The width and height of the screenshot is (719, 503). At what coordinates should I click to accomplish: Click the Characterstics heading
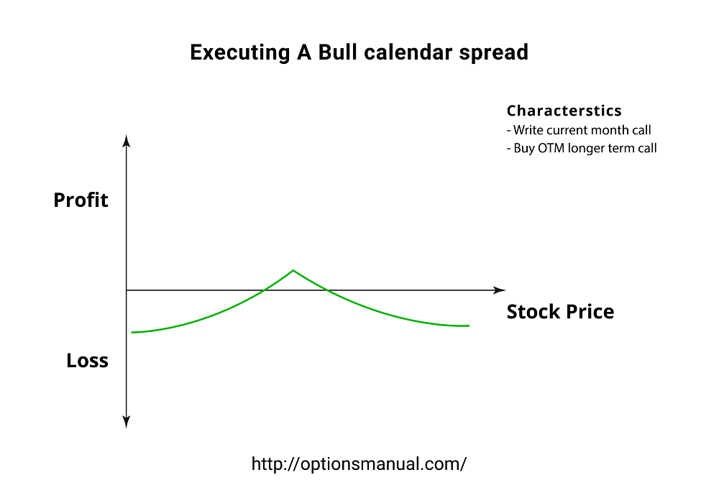[564, 111]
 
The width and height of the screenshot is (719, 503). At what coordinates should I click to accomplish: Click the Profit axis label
[81, 200]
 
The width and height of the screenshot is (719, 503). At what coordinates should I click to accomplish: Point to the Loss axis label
[87, 360]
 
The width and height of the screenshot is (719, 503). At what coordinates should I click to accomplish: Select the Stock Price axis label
[560, 312]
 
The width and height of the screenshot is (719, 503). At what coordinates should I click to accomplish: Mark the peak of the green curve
[293, 270]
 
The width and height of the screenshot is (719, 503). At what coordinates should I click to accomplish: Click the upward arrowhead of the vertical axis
[127, 139]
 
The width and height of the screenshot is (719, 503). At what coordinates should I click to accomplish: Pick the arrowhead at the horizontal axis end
[500, 290]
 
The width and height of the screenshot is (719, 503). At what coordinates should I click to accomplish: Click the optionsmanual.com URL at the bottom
[359, 463]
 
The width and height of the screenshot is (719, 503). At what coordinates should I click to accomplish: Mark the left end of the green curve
[132, 332]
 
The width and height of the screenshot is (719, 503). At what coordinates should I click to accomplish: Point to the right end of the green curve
[469, 326]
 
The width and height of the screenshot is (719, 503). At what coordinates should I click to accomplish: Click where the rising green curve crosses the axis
[265, 290]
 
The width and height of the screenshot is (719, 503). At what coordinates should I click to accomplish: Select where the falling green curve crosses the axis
[326, 290]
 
